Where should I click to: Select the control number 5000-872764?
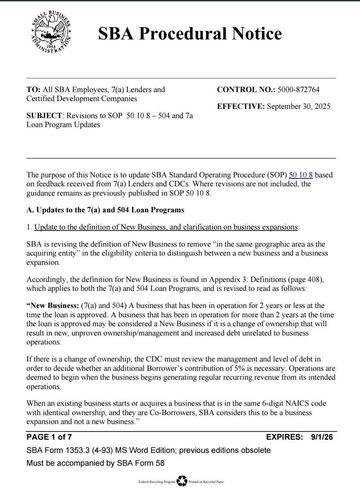(298, 90)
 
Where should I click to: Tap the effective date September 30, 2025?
(299, 106)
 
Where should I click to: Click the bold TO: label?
(34, 90)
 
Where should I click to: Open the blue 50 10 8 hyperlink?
(301, 175)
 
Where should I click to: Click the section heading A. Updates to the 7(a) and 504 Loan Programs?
(105, 210)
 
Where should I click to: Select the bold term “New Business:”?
(52, 306)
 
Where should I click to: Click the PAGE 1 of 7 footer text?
(49, 437)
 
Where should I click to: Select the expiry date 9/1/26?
(322, 437)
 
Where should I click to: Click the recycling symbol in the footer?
(182, 481)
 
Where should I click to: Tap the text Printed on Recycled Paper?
(206, 482)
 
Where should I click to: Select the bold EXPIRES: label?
(285, 437)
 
